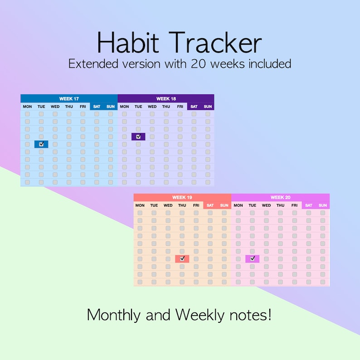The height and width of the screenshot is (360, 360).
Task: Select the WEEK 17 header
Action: [69, 99]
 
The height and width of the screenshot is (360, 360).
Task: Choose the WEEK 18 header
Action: [166, 99]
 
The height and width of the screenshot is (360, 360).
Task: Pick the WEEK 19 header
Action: [182, 198]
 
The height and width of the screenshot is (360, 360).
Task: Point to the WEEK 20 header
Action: [280, 198]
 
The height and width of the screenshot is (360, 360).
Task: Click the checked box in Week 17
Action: [41, 144]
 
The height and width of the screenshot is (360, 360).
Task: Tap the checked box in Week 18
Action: [138, 136]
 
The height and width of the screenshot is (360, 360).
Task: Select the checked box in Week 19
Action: [182, 258]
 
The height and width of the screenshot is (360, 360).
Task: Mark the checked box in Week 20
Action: [253, 258]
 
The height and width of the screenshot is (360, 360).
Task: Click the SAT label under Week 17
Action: [97, 107]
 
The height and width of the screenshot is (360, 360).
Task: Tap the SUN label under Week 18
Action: [208, 107]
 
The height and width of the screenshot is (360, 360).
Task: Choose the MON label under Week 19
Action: [140, 205]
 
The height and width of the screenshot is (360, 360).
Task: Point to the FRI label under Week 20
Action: [295, 205]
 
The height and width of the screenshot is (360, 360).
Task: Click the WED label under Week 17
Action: [55, 107]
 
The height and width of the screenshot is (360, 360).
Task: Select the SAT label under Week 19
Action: [210, 205]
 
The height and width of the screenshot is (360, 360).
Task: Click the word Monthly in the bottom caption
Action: [114, 314]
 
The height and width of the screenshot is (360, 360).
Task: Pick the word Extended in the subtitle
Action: [92, 64]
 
